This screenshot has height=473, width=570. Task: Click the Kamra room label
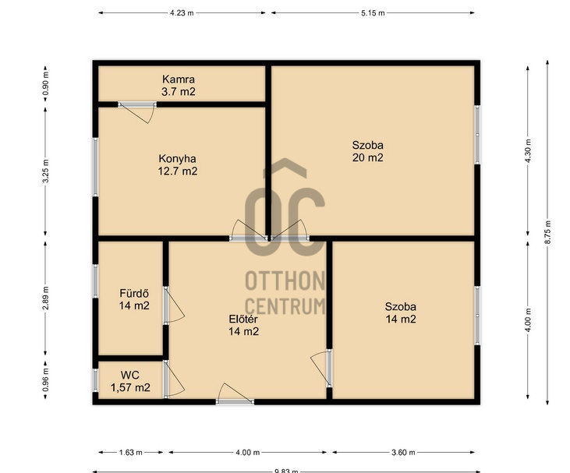pos(178,86)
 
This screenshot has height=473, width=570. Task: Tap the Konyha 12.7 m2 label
pos(178,165)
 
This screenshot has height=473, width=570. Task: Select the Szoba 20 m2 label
pos(367,151)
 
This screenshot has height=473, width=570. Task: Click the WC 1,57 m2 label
pos(130,382)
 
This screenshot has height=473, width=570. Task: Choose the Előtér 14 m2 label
pos(243,325)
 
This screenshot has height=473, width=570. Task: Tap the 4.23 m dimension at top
pos(182,13)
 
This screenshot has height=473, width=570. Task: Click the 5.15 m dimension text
pos(373,13)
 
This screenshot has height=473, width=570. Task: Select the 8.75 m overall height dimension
pos(548,232)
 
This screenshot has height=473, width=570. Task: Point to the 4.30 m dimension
pos(528,150)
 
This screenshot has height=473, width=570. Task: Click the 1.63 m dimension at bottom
pos(130,453)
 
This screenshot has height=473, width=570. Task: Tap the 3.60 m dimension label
pos(403,453)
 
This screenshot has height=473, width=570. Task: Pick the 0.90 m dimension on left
pos(45,83)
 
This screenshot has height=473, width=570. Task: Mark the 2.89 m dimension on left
pos(45,298)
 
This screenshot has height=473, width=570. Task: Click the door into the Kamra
pos(137,112)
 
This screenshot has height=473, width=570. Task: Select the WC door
pos(174,379)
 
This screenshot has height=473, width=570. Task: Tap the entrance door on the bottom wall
pos(235,394)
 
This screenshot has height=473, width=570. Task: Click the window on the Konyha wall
pos(95,167)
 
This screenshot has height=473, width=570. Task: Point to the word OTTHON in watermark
pos(285,281)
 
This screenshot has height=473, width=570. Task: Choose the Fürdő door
pos(174,305)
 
